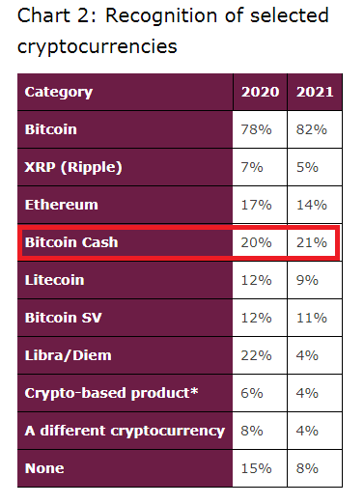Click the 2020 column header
260,92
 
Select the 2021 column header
315,92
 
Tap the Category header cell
59,93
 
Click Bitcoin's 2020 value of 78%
256,129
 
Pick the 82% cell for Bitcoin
311,129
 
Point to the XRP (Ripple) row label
73,167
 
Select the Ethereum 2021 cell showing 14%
311,205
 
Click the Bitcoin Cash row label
71,242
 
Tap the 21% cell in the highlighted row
311,242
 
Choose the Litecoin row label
55,280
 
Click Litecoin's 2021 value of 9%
307,280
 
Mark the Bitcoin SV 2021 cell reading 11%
311,318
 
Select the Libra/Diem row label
69,355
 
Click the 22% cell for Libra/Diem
256,355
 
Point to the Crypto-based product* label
111,393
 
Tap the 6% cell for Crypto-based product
252,393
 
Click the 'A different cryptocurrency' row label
125,431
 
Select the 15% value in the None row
256,468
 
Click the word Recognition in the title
162,16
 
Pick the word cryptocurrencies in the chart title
98,47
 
